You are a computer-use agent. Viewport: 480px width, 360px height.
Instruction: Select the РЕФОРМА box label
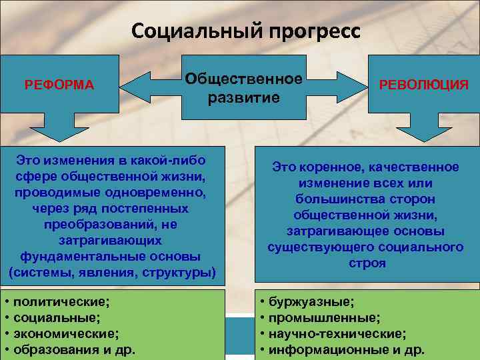(x=59, y=85)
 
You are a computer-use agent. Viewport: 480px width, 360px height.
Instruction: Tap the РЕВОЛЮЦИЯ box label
(x=424, y=85)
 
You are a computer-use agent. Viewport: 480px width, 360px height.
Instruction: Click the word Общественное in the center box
(x=244, y=79)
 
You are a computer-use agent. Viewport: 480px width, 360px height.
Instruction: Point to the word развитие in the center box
(x=243, y=98)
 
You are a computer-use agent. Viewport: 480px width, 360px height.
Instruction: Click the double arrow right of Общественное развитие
(x=341, y=85)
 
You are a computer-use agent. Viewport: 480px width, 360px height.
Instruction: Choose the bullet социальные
(x=57, y=317)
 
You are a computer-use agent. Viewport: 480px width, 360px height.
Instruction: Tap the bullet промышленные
(x=324, y=317)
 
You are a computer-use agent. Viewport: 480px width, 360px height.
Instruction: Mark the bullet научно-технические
(x=337, y=333)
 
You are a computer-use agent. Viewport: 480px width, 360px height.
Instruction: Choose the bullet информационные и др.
(x=346, y=349)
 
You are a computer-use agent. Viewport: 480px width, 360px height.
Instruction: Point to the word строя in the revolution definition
(x=365, y=263)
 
